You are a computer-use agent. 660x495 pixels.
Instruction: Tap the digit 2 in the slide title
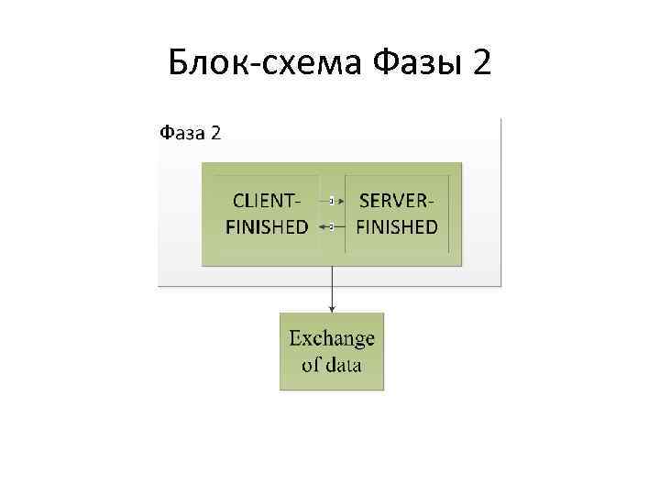[481, 63]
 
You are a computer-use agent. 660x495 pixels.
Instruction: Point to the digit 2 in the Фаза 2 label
[214, 133]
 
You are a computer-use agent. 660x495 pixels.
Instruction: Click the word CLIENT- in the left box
[267, 201]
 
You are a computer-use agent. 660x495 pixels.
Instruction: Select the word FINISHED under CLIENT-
[267, 226]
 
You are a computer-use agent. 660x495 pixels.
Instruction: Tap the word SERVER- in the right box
[397, 201]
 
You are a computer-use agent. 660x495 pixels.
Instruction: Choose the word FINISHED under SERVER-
[397, 226]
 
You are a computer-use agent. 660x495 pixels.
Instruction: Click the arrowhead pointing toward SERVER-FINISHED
[342, 200]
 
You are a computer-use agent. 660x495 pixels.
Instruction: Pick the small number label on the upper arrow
[331, 200]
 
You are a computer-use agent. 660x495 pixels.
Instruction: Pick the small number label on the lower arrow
[331, 225]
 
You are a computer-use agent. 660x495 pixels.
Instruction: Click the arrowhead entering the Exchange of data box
[332, 309]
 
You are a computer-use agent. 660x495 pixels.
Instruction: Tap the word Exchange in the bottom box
[332, 338]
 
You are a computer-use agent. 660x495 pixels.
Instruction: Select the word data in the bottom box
[343, 365]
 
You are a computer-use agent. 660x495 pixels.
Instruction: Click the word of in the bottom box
[311, 365]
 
